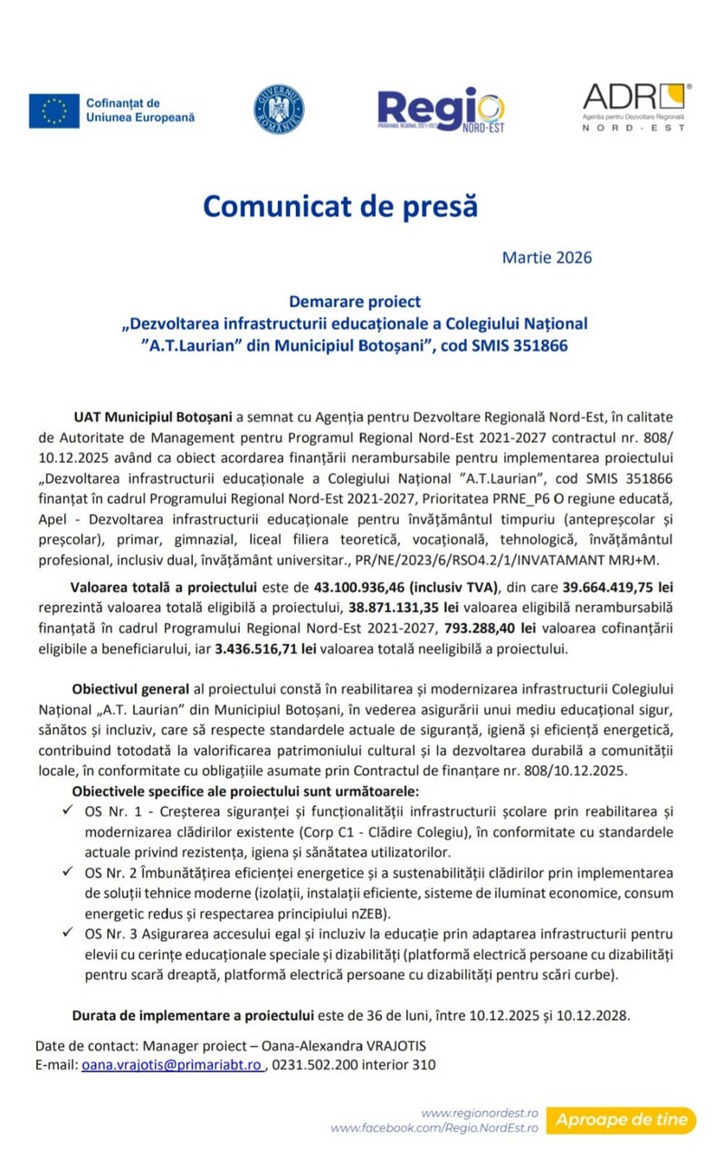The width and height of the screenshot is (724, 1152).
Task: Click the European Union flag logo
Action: tap(54, 110)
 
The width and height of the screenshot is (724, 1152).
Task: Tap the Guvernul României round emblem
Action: tap(279, 110)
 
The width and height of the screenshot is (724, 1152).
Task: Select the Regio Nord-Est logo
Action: tap(441, 110)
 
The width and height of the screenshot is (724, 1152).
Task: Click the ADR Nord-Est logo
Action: tap(635, 106)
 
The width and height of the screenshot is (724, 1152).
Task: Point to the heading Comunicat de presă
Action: tap(339, 206)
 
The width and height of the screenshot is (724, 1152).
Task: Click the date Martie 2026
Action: tap(547, 257)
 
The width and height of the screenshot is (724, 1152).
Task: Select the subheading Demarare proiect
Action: tap(355, 301)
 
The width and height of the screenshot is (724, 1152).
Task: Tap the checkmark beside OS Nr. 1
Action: tap(69, 811)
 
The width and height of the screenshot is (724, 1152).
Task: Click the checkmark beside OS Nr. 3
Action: tap(69, 932)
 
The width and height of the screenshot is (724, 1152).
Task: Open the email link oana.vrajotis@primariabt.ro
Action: tap(172, 1065)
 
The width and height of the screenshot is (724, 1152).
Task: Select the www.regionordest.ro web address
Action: tap(480, 1112)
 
